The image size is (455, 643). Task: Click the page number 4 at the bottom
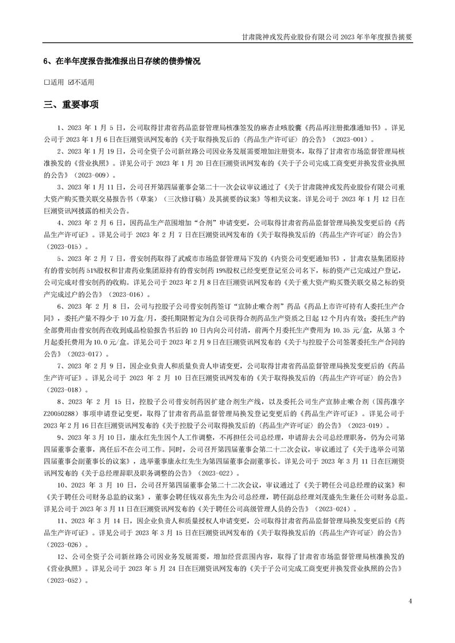[x=410, y=601]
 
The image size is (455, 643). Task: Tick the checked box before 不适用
[x=71, y=82]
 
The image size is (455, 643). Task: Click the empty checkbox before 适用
[x=46, y=82]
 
